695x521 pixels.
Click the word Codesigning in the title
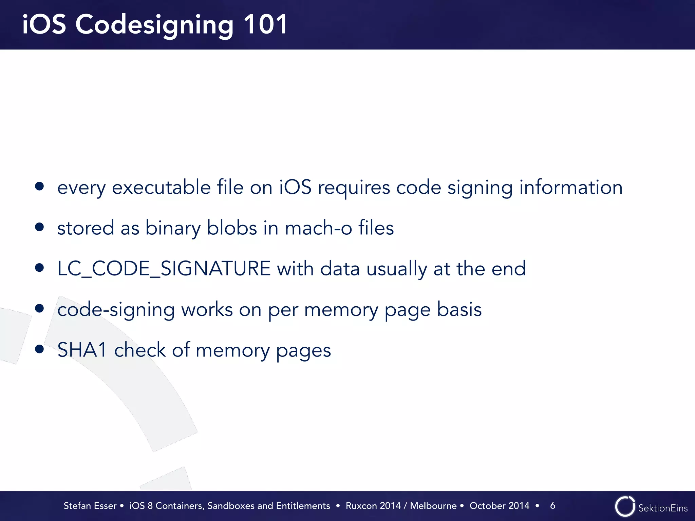(154, 25)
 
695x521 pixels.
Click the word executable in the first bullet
(161, 187)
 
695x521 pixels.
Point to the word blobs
(232, 228)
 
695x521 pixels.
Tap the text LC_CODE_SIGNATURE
(164, 268)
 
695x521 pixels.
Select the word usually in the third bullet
(397, 269)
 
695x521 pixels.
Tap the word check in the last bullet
(140, 350)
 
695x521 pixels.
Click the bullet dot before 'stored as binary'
(40, 227)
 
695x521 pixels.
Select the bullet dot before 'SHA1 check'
(40, 349)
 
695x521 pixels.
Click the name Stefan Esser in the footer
(90, 506)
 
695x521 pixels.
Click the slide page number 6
(552, 505)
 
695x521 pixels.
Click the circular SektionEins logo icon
(625, 506)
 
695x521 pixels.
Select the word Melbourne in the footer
(433, 506)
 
